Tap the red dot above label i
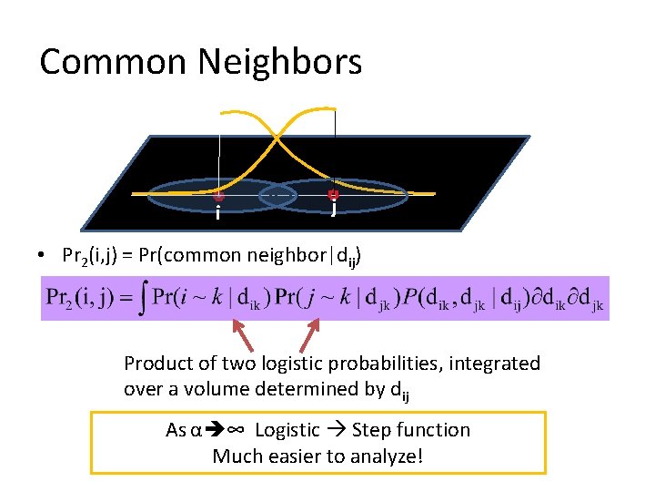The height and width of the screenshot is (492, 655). click(x=219, y=195)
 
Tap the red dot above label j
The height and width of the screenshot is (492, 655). click(x=333, y=193)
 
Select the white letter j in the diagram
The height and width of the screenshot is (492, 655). click(x=334, y=210)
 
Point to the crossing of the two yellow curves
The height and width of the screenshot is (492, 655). click(x=277, y=138)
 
